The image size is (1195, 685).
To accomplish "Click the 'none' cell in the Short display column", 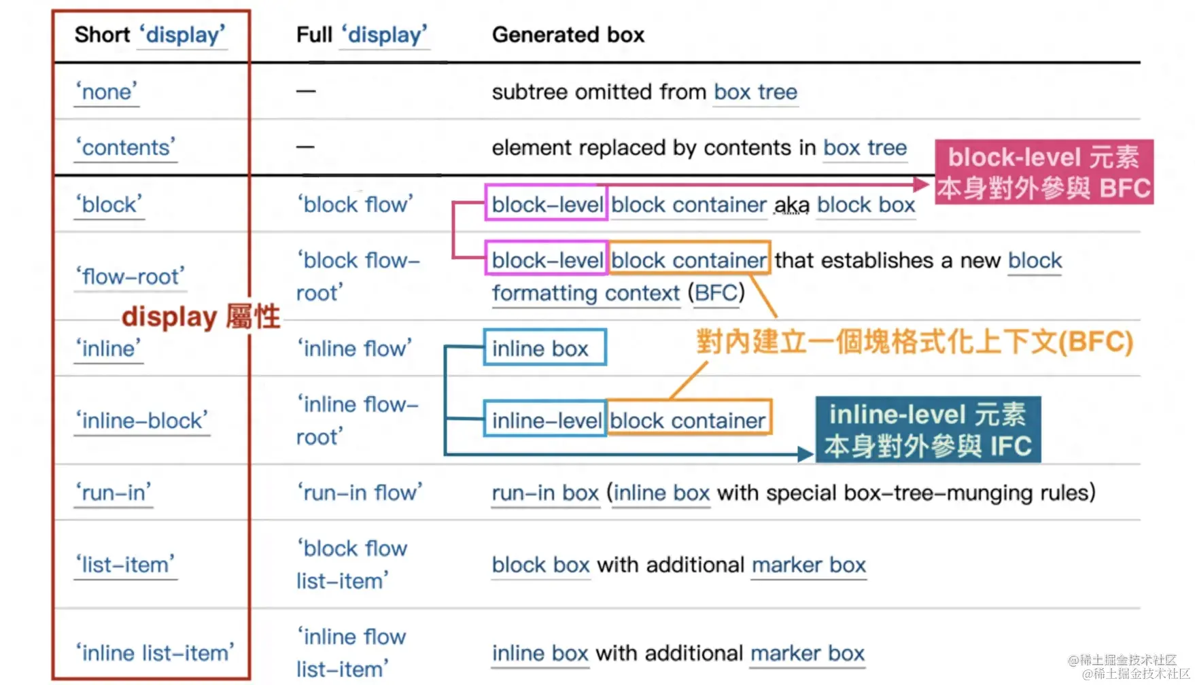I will pos(107,92).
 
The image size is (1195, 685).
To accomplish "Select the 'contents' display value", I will pos(126,147).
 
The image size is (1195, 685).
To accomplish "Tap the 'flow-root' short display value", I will pos(130,277).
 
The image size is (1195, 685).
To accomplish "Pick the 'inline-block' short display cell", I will pos(141,421).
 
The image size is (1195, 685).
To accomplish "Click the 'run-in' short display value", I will pos(113,493).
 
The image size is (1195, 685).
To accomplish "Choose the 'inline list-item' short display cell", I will pos(154,653).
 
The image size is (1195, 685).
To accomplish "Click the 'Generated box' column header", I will pos(568,35).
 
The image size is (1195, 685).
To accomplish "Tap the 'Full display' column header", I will pos(362,35).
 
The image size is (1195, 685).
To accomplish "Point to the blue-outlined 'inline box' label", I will pos(544,348).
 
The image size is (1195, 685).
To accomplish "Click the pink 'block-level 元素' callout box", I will pos(1043,172).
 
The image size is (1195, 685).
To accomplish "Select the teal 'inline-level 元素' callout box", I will pos(928,429).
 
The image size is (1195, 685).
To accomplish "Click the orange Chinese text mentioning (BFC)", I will pos(914,342).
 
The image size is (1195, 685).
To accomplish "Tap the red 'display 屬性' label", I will pos(201,317).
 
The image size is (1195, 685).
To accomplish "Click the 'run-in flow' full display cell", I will pos(359,493).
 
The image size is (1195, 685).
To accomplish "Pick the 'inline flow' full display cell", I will pos(354,349).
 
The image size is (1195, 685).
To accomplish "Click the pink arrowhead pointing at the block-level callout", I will pos(921,184).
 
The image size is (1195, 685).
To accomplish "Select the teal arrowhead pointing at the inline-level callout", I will pos(806,454).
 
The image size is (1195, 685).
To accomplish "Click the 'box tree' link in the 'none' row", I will pos(755,92).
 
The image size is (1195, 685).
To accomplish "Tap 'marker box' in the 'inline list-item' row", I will pos(808,653).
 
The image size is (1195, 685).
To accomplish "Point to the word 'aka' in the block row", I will pos(792,205).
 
